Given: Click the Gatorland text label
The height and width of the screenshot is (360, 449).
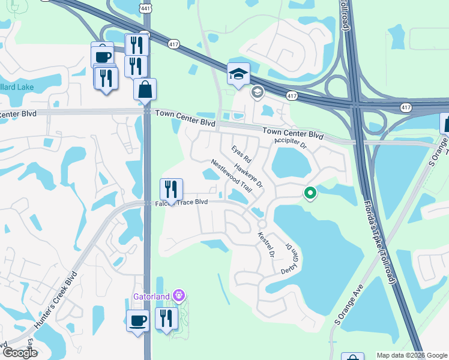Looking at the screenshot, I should [152, 296].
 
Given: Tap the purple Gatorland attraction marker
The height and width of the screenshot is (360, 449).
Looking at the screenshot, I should [178, 296].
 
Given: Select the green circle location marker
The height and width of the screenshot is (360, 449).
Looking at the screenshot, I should [310, 193].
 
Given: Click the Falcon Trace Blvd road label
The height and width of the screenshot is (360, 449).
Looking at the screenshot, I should [181, 203].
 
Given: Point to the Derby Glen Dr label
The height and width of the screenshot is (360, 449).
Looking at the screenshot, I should [290, 259].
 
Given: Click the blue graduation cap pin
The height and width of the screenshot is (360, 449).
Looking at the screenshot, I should [238, 74].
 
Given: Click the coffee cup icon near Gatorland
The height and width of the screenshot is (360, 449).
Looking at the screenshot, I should [137, 320].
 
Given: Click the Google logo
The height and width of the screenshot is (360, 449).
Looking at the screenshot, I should [19, 352].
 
